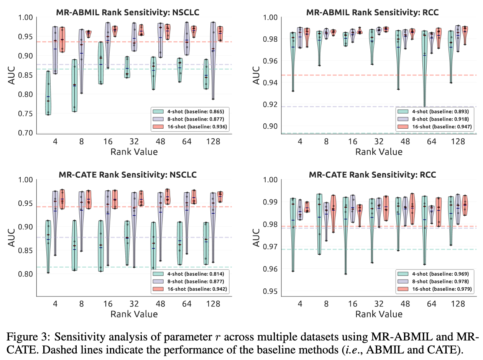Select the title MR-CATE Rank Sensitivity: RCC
pyautogui.click(x=372, y=175)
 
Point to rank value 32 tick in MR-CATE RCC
pyautogui.click(x=379, y=304)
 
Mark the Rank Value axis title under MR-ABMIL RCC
pyautogui.click(x=379, y=152)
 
